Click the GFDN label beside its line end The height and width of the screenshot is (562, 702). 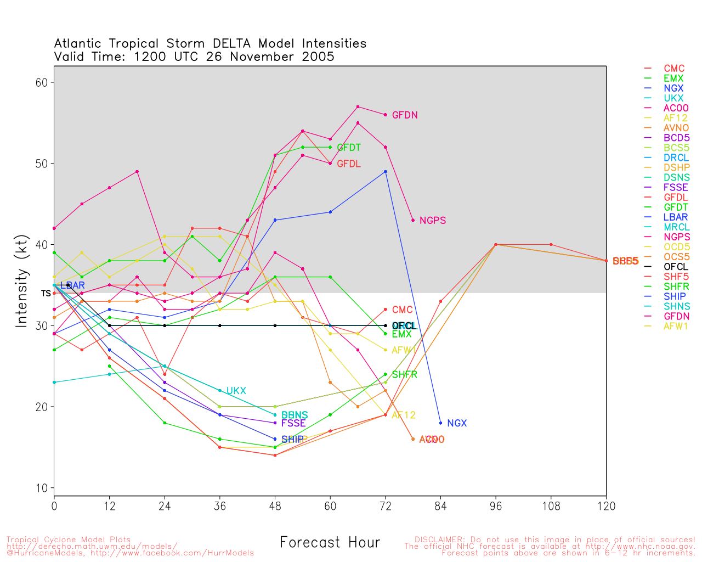(405, 115)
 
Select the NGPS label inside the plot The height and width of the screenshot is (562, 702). (433, 221)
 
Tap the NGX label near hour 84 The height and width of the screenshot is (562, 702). (457, 423)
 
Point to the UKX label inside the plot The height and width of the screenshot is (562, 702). (236, 391)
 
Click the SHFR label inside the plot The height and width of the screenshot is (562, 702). (404, 375)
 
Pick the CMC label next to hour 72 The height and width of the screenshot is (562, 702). (402, 310)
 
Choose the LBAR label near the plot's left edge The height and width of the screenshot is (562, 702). (72, 285)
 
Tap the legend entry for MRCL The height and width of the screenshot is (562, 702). (676, 227)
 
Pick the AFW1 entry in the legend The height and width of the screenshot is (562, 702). (676, 326)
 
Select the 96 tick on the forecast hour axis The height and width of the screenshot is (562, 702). (496, 506)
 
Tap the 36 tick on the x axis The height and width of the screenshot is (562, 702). (220, 506)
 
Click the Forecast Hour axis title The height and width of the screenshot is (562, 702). (330, 542)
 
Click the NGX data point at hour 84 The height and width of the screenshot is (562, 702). (440, 423)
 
